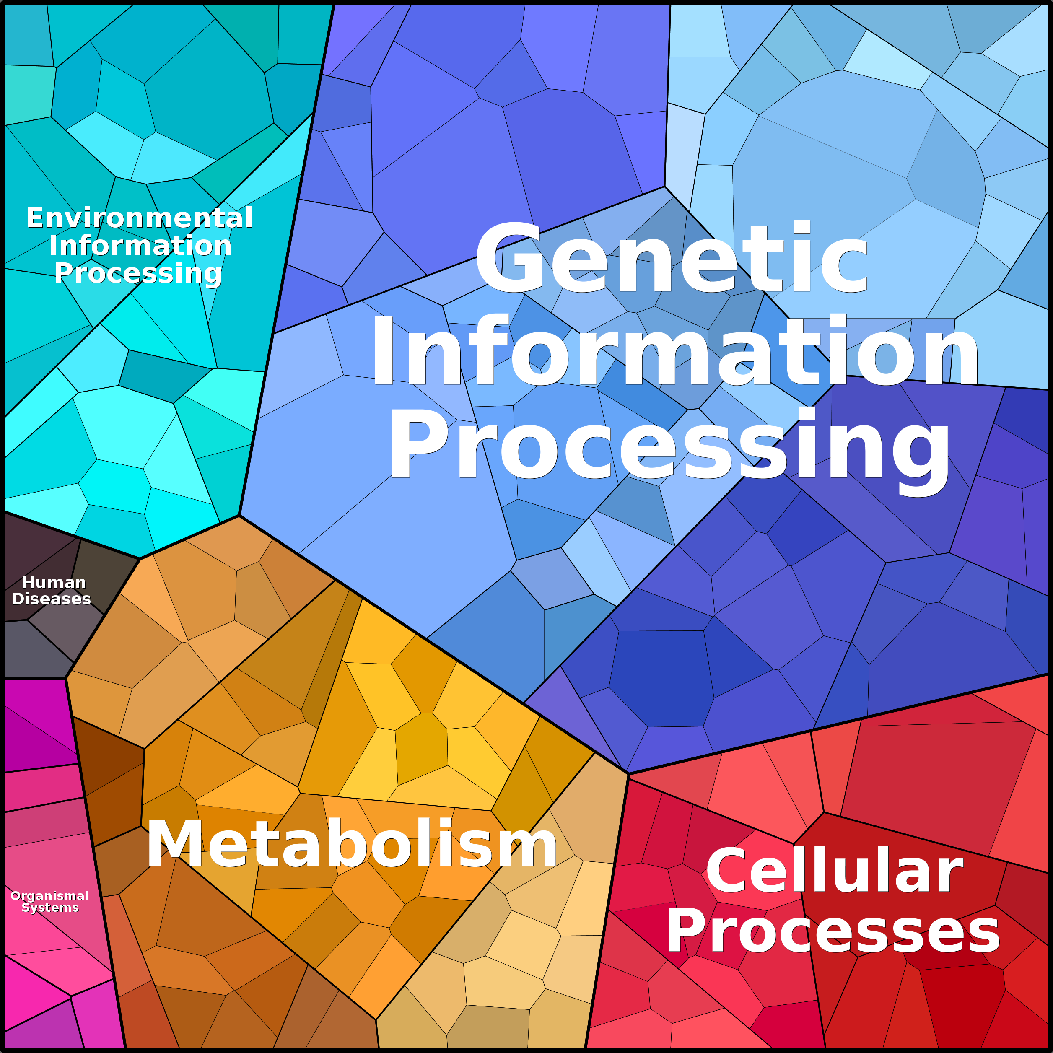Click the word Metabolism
(352, 843)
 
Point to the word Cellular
(835, 870)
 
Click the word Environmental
(140, 218)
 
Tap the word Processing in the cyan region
(138, 273)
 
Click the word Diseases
(51, 599)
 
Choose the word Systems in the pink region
(50, 908)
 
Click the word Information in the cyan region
(140, 245)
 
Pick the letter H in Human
(29, 583)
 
